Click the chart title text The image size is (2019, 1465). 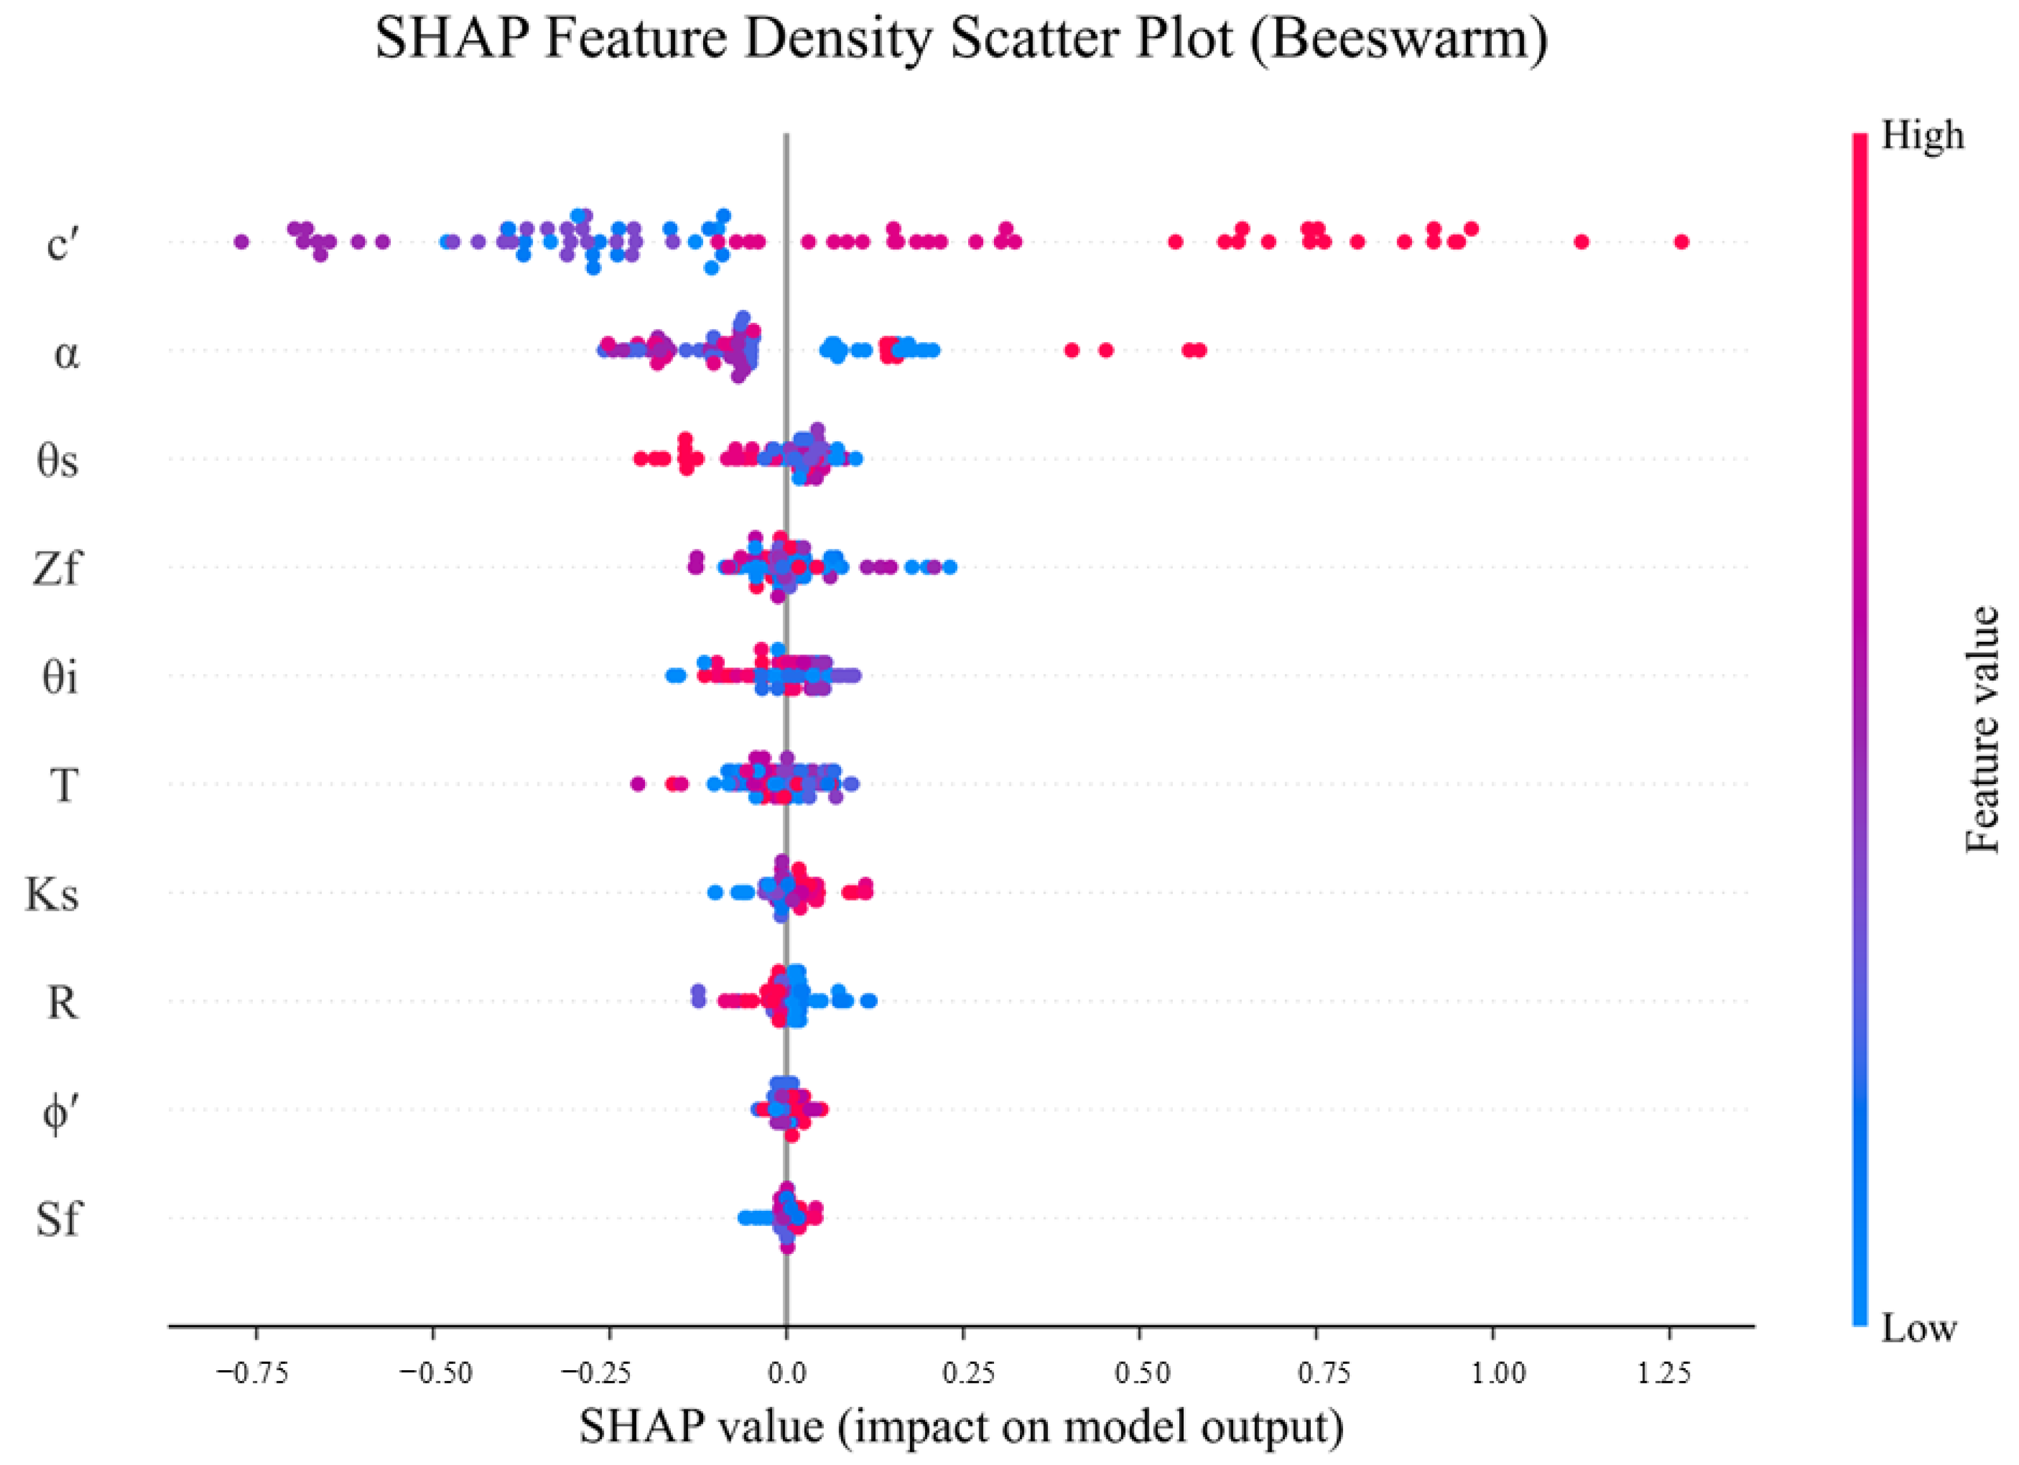[961, 39]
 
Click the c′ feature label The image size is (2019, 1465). [63, 242]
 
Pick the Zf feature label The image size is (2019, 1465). [56, 568]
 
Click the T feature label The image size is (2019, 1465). [63, 786]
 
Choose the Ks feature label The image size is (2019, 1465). [52, 893]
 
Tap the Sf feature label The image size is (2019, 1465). [58, 1218]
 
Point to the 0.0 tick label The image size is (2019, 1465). [786, 1373]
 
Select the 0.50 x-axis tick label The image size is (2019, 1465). [1139, 1373]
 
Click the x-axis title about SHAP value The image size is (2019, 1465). [961, 1426]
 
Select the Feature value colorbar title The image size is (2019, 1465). [1982, 730]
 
